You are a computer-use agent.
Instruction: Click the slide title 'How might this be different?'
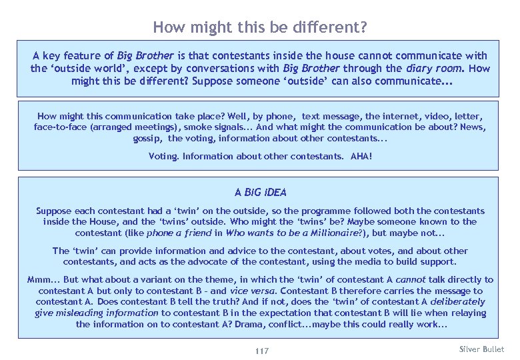click(x=259, y=27)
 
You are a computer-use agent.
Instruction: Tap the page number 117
click(x=262, y=351)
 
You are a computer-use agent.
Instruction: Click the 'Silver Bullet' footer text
click(x=482, y=349)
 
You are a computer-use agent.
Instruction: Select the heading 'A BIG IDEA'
click(x=260, y=193)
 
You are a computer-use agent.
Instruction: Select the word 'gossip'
click(x=147, y=138)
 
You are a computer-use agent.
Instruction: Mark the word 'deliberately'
click(x=457, y=302)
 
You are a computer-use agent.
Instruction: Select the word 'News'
click(x=472, y=127)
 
